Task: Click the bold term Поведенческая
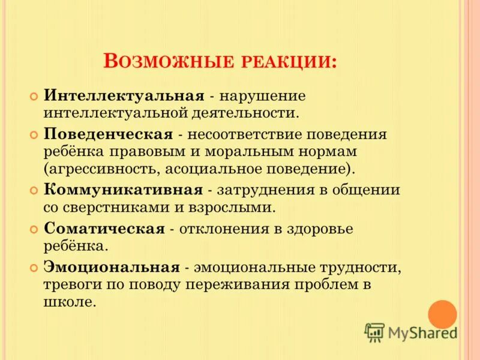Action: (109, 134)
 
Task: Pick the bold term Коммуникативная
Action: (122, 190)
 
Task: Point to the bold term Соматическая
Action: (104, 229)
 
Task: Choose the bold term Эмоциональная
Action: (112, 266)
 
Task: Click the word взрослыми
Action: (239, 207)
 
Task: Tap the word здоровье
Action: (317, 229)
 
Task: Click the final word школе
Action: (69, 301)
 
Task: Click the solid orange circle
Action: (442, 314)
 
